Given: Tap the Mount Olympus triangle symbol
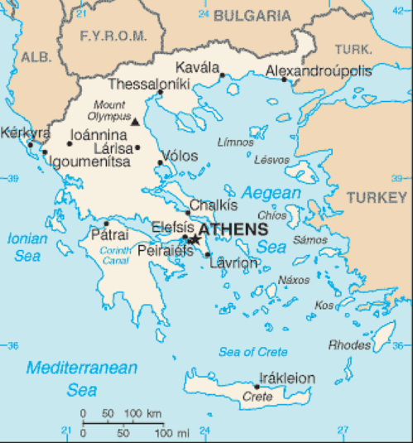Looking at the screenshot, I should coord(136,121).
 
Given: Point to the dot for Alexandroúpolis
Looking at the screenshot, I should coord(284,79).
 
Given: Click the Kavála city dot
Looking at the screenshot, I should coord(222,75).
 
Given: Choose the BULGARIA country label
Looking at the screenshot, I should coord(252,15).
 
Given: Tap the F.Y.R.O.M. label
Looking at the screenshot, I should coord(113,36).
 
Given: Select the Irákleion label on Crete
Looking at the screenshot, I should coord(287,378).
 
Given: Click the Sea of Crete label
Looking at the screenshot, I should coord(253,352).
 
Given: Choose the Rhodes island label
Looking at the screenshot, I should coord(350,344).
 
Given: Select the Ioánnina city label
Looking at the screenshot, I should coord(99,133).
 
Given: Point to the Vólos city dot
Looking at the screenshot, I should coord(160,163).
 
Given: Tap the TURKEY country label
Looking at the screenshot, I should coord(377,197).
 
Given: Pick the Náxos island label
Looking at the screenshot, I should coord(294,280).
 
